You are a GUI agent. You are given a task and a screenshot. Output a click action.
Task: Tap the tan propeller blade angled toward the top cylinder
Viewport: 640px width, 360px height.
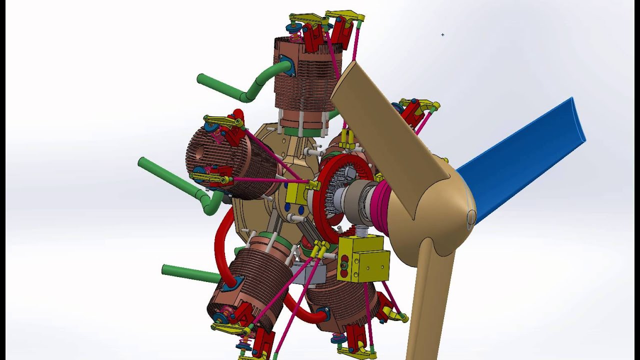point(380,125)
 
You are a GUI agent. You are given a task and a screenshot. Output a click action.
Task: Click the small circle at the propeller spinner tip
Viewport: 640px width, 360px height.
point(471,216)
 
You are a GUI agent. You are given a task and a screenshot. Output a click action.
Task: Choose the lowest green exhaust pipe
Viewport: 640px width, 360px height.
point(190,273)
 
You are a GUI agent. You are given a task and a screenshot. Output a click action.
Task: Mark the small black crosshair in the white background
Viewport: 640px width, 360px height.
point(442,34)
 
